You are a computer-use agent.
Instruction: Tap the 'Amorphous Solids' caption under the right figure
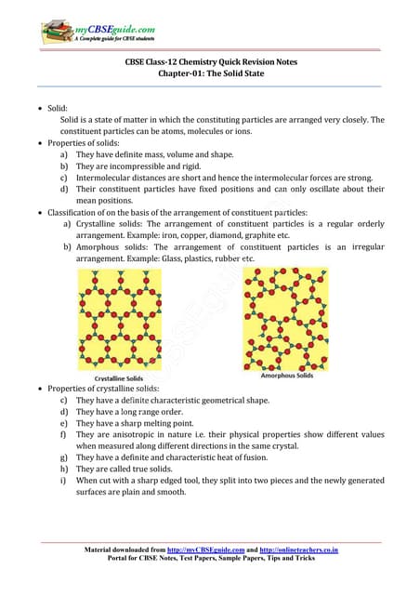[286, 375]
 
